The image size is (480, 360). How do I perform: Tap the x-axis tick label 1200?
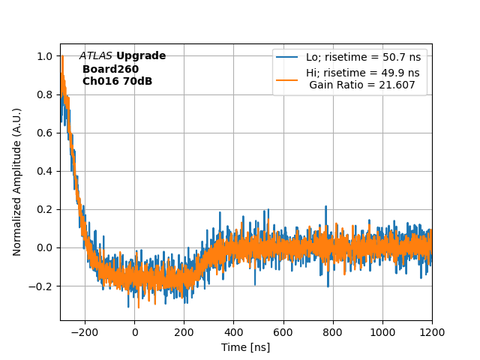[432, 332]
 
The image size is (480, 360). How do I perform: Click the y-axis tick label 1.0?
[45, 56]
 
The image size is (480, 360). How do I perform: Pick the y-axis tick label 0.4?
[45, 171]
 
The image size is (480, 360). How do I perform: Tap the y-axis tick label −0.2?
[41, 286]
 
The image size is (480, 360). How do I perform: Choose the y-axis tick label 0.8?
[45, 94]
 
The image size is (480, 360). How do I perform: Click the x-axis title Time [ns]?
[245, 347]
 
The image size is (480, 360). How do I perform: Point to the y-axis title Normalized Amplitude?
[17, 181]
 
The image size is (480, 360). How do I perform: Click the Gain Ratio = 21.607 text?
[361, 85]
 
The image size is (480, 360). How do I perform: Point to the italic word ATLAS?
[96, 56]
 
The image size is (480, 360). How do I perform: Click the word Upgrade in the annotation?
[141, 56]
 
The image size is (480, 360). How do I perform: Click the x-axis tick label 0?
[134, 332]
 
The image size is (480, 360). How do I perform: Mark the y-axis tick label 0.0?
[45, 247]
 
